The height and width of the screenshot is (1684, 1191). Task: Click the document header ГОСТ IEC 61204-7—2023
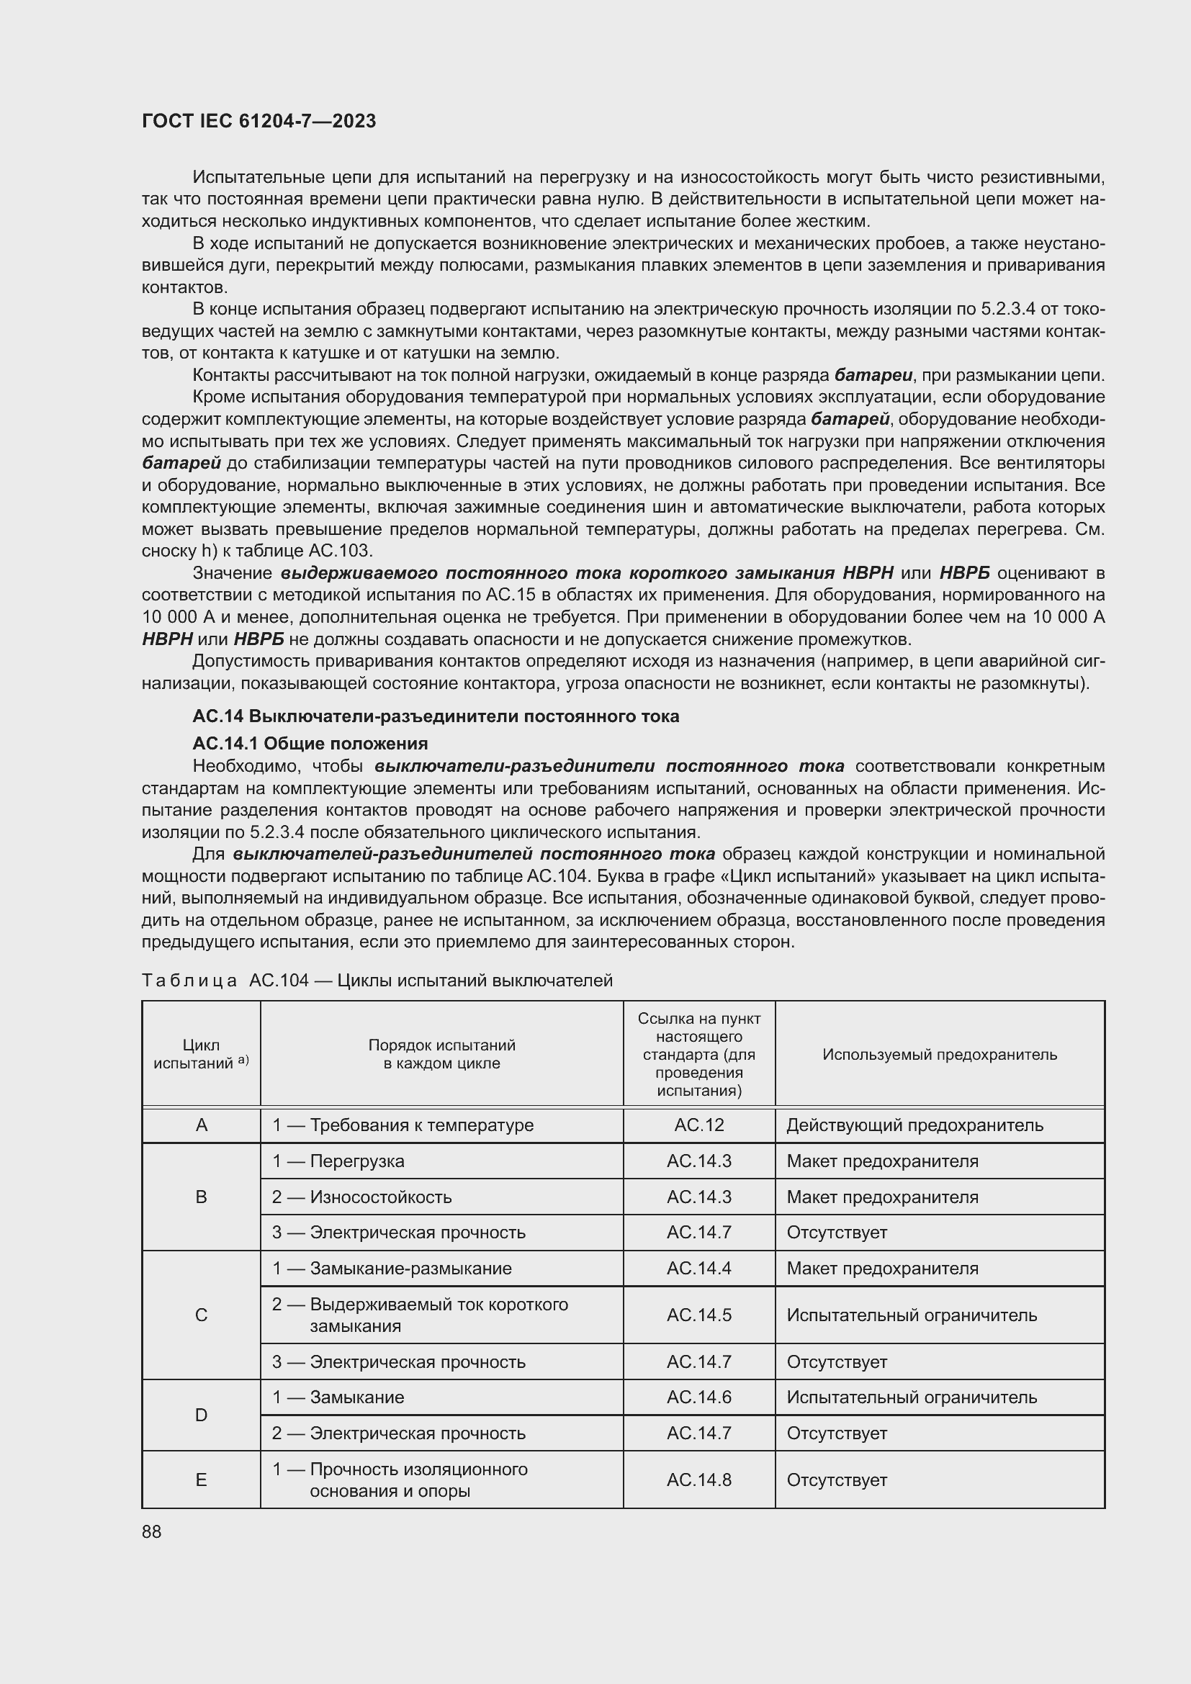(x=259, y=121)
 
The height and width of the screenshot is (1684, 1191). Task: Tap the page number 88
(x=152, y=1531)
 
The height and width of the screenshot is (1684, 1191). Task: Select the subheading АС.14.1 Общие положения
(x=310, y=744)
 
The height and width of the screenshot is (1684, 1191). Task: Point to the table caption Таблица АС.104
(x=377, y=981)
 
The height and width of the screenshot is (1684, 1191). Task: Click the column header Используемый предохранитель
(x=940, y=1054)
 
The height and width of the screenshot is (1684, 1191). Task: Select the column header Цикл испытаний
(x=201, y=1054)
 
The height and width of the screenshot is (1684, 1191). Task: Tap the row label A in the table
(x=202, y=1125)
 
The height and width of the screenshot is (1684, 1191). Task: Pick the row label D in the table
(x=202, y=1415)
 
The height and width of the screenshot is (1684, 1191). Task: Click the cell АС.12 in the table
(x=699, y=1125)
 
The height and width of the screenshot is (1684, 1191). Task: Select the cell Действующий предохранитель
(x=914, y=1125)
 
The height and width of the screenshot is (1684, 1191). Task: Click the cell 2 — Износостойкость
(x=361, y=1197)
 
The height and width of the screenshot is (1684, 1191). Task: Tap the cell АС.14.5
(x=699, y=1315)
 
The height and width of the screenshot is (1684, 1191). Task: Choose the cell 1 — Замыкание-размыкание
(x=392, y=1269)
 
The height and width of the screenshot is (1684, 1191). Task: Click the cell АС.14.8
(x=699, y=1480)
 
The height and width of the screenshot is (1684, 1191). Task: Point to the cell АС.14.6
(x=699, y=1397)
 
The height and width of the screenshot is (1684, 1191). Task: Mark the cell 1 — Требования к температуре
(x=403, y=1125)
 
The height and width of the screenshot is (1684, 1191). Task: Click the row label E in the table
(x=202, y=1480)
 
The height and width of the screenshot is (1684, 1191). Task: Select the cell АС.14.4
(x=699, y=1269)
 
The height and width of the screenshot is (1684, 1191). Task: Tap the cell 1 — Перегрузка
(x=338, y=1161)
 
